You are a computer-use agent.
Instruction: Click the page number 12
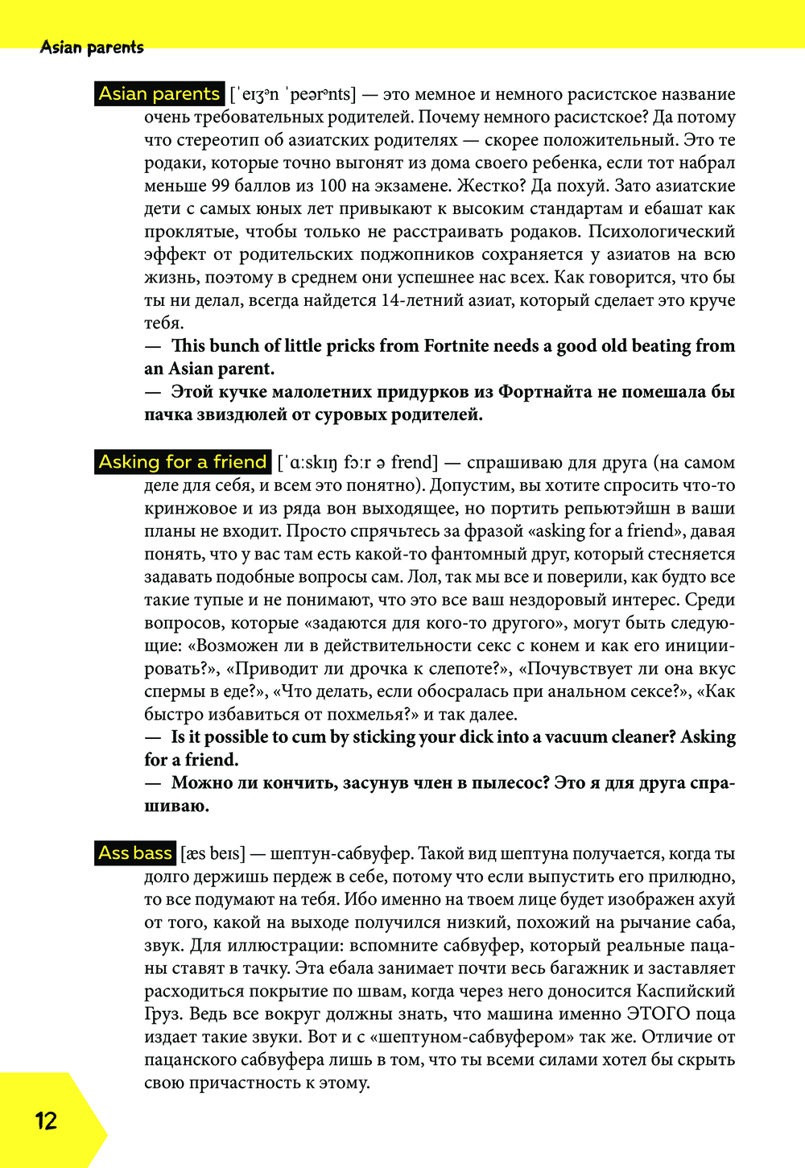pyautogui.click(x=46, y=1121)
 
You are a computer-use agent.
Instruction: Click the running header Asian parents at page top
pyautogui.click(x=92, y=47)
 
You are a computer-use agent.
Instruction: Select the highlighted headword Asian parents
pyautogui.click(x=159, y=94)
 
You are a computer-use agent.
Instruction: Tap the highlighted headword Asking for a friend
pyautogui.click(x=183, y=462)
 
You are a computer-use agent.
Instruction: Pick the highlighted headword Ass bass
pyautogui.click(x=135, y=853)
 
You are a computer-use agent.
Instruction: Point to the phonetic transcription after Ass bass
pyautogui.click(x=213, y=853)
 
